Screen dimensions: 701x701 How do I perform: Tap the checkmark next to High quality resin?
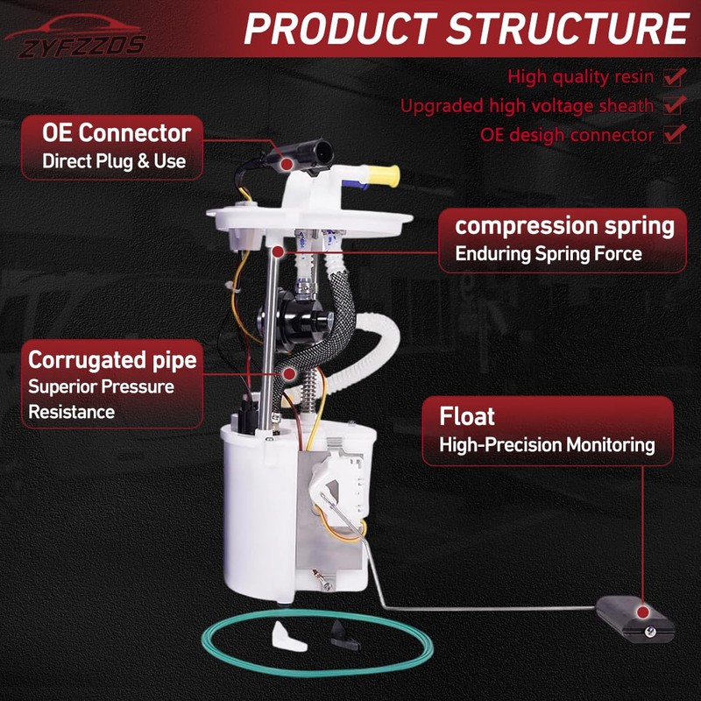673,76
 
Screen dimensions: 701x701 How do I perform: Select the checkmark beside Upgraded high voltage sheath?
673,105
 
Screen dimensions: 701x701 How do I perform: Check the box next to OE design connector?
673,134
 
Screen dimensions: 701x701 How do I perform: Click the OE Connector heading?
117,133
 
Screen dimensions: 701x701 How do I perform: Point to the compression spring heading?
564,226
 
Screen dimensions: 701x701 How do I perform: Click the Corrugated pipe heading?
112,359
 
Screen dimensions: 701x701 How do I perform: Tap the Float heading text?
467,415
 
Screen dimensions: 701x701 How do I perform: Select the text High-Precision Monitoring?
547,445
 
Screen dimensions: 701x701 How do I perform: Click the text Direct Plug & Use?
114,161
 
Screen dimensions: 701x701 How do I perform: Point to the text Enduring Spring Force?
549,254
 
